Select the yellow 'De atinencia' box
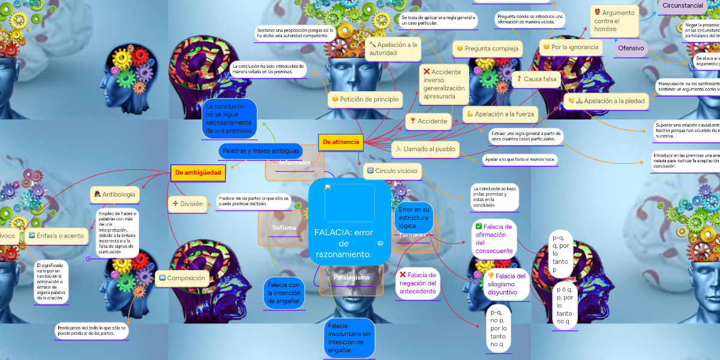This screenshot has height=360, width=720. (x=341, y=142)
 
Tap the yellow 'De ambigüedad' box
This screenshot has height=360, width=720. (x=198, y=173)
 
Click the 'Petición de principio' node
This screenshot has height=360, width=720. (x=365, y=99)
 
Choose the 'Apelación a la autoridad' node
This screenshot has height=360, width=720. (x=393, y=49)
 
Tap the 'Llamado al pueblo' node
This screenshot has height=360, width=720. (x=425, y=149)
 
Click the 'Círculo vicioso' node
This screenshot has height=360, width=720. (x=392, y=171)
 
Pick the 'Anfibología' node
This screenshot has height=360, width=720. (x=115, y=194)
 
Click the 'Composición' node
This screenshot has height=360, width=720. (x=181, y=278)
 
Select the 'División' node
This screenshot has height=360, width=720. (x=187, y=203)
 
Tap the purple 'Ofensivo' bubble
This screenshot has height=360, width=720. (x=631, y=48)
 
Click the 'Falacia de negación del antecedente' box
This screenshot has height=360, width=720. (x=418, y=283)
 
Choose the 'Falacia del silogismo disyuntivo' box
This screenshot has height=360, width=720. (x=506, y=284)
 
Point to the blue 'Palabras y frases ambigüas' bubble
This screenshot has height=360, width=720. (x=260, y=151)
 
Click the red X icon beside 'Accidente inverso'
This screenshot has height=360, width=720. (x=427, y=72)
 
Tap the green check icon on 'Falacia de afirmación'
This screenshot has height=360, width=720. (x=478, y=227)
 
